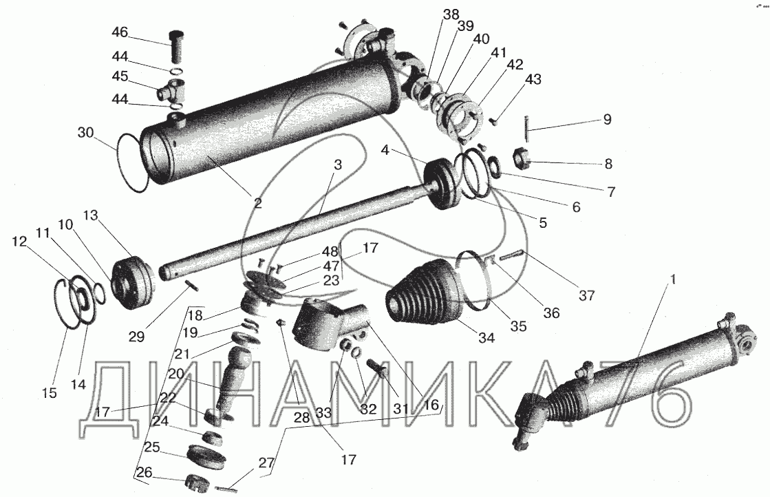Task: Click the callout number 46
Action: click(x=119, y=33)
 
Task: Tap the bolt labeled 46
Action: click(x=175, y=45)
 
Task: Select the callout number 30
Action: click(x=85, y=133)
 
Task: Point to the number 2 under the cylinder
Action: click(x=258, y=202)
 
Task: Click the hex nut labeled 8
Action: click(x=522, y=158)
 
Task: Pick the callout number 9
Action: click(x=607, y=119)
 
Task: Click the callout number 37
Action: click(x=587, y=295)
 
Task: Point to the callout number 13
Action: click(x=90, y=215)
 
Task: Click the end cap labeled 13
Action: click(x=133, y=284)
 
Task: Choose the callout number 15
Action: click(x=50, y=393)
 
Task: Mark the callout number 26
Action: click(x=145, y=473)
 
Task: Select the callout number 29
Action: click(x=136, y=337)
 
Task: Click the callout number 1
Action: click(x=673, y=279)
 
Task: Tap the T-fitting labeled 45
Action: click(x=171, y=90)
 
